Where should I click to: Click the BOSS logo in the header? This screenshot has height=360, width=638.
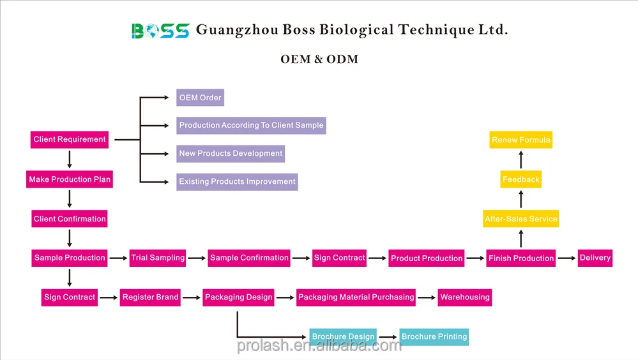pos(160,31)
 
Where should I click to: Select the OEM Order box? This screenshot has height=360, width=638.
pos(200,98)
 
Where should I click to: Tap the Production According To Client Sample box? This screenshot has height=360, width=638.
pos(251,125)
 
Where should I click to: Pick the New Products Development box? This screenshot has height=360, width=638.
pos(231,154)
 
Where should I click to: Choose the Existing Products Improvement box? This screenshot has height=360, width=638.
pos(237,182)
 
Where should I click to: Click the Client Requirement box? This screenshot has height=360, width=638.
pos(70,140)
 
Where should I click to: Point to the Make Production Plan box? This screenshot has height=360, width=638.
pos(70,179)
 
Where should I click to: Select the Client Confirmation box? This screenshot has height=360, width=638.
pos(70,219)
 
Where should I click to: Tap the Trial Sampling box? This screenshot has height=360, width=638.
pos(158,258)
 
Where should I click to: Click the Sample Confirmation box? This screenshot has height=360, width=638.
pos(249,258)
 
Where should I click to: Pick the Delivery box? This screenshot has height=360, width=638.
pos(595,258)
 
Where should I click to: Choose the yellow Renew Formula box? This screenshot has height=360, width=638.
pos(521,140)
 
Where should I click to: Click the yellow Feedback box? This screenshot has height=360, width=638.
pos(521,179)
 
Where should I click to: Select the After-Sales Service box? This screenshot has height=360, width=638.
pos(521,219)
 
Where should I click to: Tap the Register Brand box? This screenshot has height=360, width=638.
pos(150,297)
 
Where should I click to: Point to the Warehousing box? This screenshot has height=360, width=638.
pos(465,297)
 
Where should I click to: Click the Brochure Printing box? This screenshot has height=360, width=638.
pos(434,337)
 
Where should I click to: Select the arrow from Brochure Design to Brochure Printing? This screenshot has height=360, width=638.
pos(388,337)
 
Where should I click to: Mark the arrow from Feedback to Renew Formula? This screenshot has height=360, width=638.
pos(521,160)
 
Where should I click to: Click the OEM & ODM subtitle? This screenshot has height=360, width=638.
pos(319,59)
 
